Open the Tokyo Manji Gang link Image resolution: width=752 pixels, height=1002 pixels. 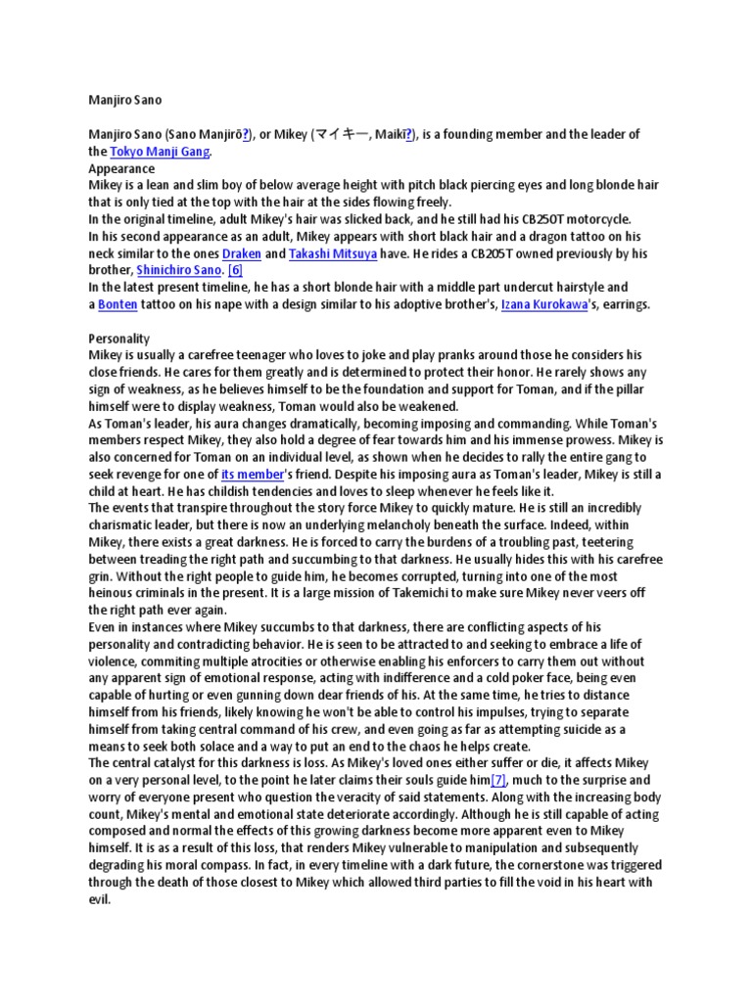click(160, 152)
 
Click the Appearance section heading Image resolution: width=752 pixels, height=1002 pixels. click(121, 168)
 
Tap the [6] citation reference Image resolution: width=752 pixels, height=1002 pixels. click(235, 270)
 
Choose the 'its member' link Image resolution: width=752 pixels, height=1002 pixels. click(252, 475)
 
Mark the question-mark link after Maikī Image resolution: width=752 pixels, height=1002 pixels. click(409, 134)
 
